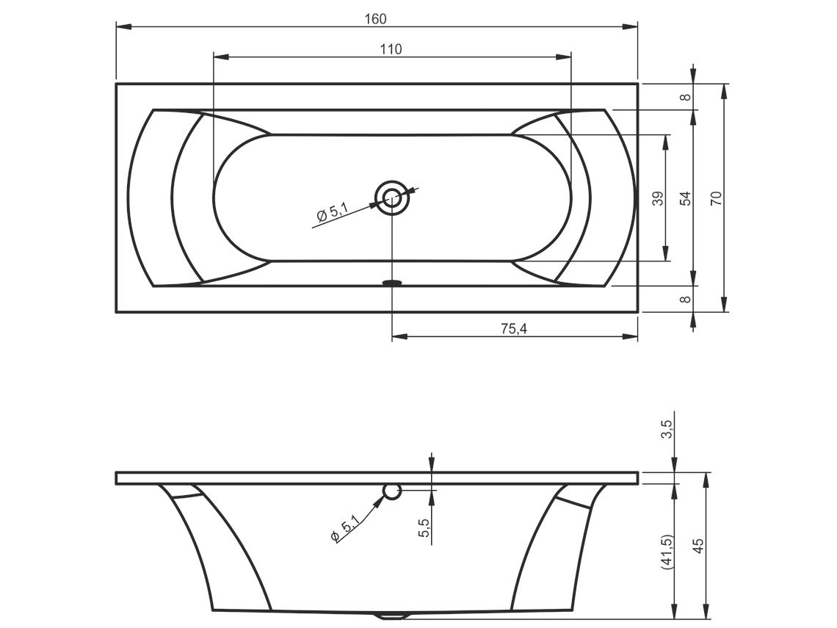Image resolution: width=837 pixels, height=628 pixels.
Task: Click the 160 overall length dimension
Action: click(x=375, y=18)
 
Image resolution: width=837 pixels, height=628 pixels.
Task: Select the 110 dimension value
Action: click(x=391, y=49)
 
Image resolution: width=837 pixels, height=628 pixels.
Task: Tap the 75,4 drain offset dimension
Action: click(x=514, y=329)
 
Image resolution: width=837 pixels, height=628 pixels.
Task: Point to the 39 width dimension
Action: click(x=659, y=198)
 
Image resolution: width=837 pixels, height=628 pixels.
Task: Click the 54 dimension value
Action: click(x=686, y=198)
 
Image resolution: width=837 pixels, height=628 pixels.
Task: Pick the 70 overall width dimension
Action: click(x=717, y=198)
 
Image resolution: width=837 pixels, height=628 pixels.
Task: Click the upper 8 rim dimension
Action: click(x=686, y=97)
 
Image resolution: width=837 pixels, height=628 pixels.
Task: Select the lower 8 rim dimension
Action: click(x=686, y=299)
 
